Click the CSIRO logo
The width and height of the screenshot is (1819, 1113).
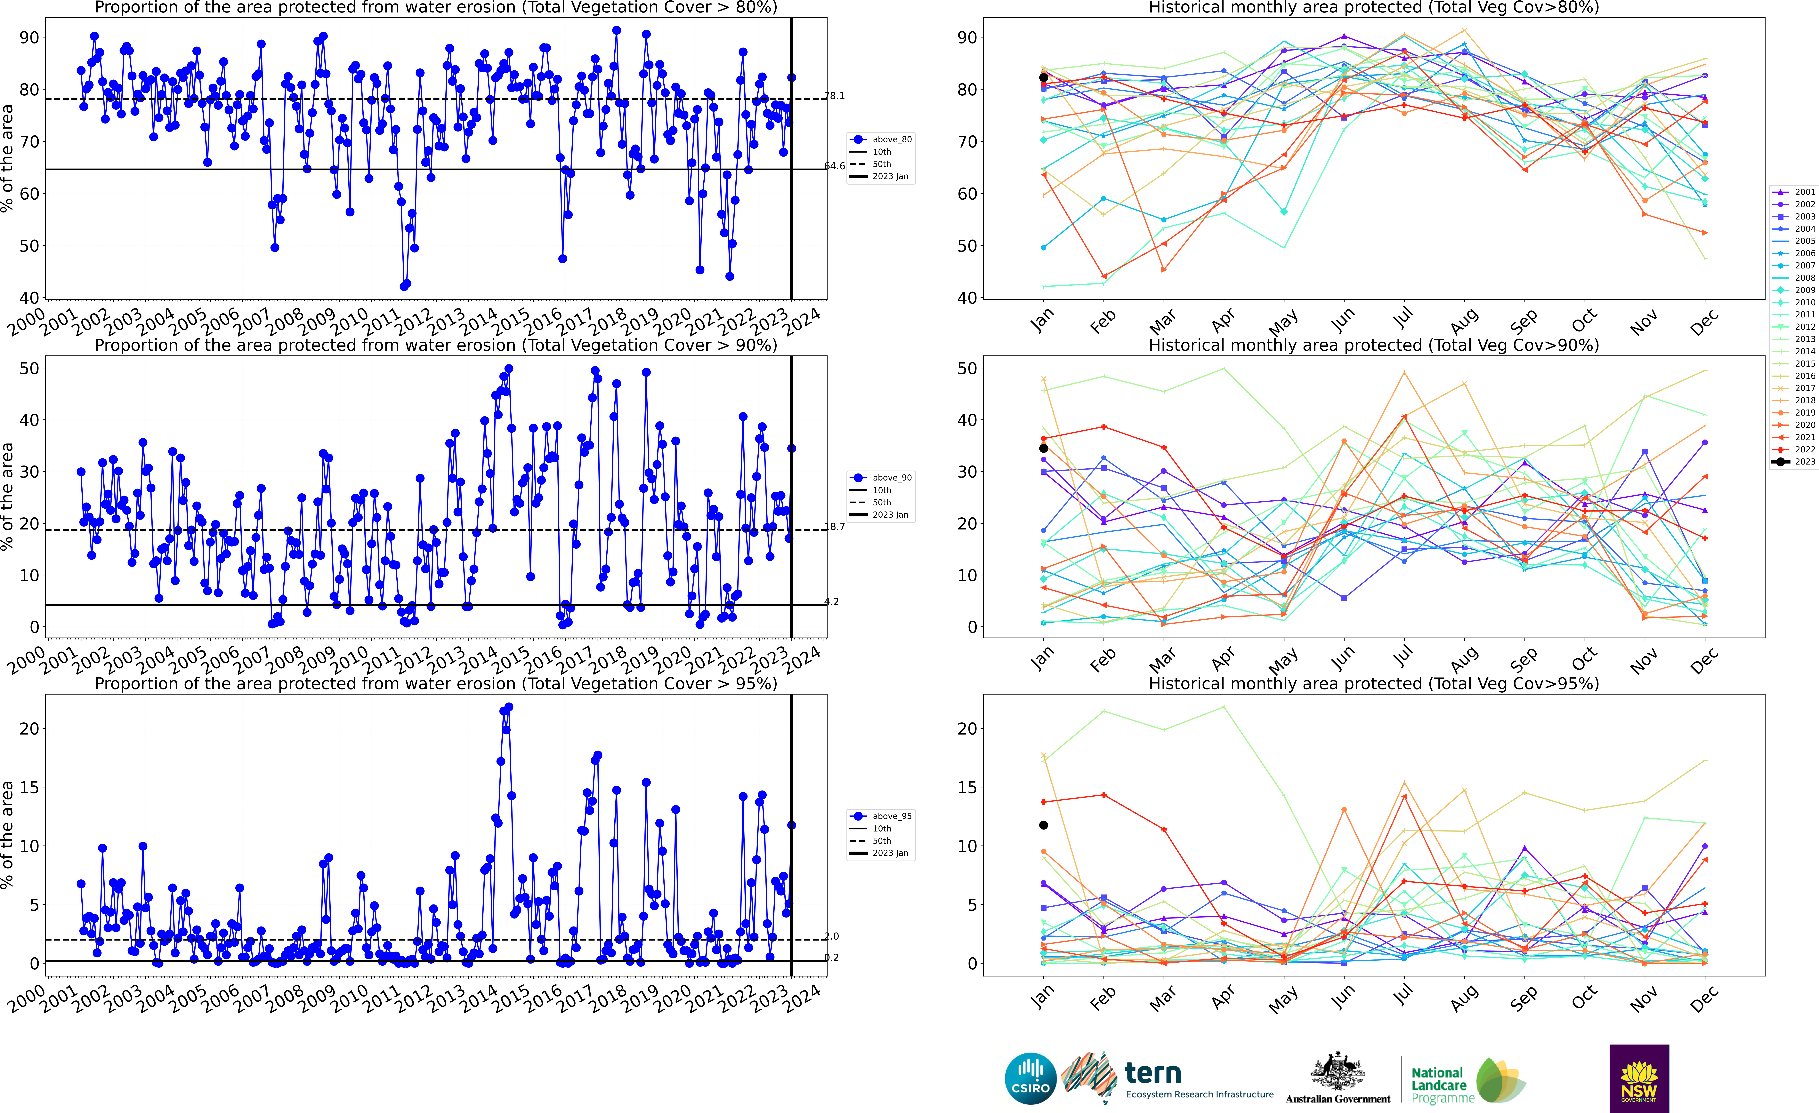pos(1031,1078)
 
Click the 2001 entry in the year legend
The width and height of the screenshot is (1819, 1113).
pos(1794,192)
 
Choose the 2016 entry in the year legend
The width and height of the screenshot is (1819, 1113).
pos(1794,376)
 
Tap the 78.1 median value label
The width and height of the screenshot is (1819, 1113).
pos(834,96)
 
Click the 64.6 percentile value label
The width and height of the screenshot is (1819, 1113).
pos(834,166)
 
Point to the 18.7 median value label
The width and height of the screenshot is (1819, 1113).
pos(834,526)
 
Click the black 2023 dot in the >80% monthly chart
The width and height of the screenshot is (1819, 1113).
pos(1043,77)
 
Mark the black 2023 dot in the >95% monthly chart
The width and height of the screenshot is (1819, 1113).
pos(1043,825)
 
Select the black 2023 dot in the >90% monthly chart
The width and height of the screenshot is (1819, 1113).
pos(1043,448)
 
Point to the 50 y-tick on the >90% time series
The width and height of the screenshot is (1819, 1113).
pos(29,368)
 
